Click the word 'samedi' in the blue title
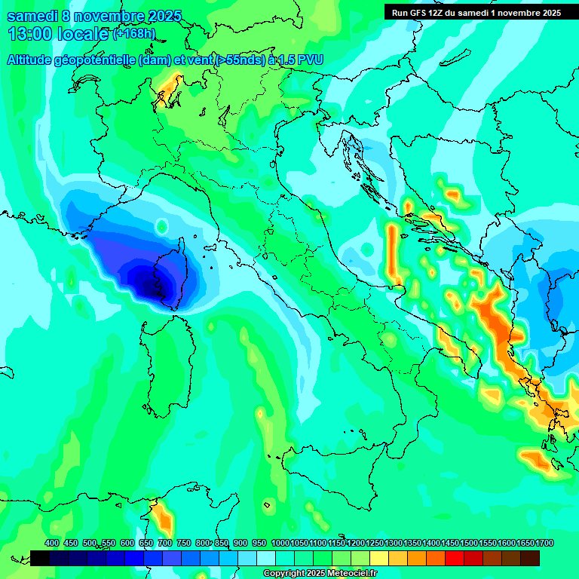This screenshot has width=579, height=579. (x=32, y=16)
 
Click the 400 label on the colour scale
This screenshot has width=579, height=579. (x=52, y=543)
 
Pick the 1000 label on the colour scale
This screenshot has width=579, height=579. (x=280, y=543)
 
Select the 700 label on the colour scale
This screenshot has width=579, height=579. (x=165, y=543)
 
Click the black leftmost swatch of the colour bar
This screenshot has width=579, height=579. (x=40, y=558)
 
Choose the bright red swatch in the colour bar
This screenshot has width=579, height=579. (x=454, y=558)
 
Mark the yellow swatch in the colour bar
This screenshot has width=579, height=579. (x=378, y=558)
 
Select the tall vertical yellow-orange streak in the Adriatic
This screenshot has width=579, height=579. (x=392, y=249)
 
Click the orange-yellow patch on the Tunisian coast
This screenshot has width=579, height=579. (x=162, y=519)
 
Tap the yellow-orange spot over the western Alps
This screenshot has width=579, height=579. (x=169, y=87)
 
